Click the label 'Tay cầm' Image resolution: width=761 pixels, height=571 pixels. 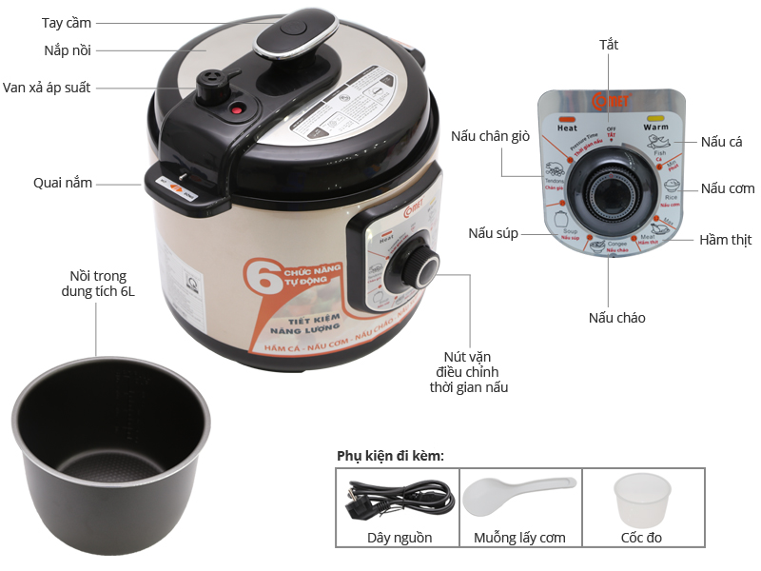tap(68, 22)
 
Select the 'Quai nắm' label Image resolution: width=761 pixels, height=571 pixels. tap(63, 182)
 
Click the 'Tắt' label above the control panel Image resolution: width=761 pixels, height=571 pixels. tap(609, 45)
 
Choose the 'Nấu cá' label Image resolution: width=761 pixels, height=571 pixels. tap(721, 142)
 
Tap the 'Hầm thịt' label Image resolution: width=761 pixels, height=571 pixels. tap(727, 239)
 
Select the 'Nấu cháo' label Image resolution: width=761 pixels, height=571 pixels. tap(616, 317)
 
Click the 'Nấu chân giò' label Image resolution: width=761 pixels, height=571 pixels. tap(490, 136)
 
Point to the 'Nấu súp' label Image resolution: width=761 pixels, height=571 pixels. tap(493, 233)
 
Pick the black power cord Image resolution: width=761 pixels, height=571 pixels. tap(400, 498)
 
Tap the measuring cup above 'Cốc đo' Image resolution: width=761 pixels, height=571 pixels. tap(637, 499)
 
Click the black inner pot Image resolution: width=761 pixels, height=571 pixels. tap(111, 437)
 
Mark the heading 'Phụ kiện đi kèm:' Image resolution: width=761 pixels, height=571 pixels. tap(390, 456)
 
